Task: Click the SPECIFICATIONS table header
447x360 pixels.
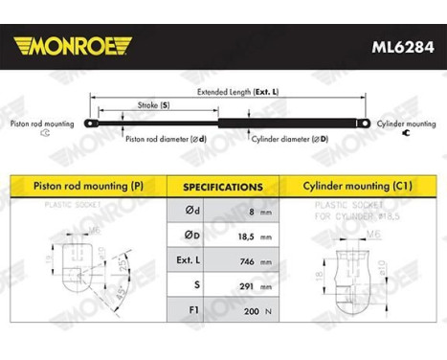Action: point(223,187)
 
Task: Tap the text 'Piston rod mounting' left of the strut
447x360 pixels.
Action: point(40,124)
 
